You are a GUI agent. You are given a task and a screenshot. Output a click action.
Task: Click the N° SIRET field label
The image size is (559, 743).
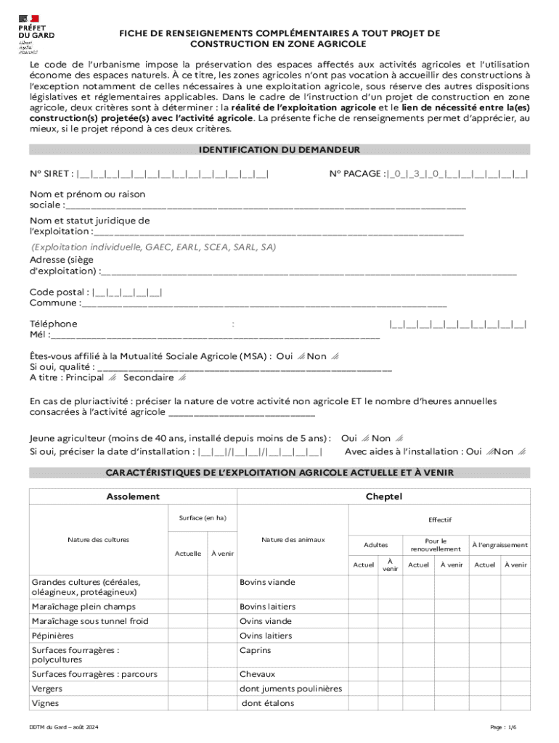pos(51,173)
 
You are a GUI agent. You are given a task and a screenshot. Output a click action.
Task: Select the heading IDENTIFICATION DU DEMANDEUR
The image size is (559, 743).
pos(279,150)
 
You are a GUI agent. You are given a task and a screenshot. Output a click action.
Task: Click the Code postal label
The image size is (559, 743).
pos(60,292)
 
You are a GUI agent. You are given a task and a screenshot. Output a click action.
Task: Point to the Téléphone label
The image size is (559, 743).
pos(53,324)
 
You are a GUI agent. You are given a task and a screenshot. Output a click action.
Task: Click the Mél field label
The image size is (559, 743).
pos(40,334)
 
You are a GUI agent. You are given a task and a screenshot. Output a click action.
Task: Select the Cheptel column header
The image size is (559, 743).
pos(384,496)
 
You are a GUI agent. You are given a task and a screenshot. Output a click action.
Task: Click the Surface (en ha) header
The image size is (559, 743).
pos(203,517)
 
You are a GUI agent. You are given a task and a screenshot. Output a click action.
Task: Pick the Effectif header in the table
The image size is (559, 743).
pos(439,520)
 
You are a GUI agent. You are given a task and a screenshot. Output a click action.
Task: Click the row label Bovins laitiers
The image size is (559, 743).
pos(267,607)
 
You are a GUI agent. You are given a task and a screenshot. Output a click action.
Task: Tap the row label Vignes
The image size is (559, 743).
pos(45,703)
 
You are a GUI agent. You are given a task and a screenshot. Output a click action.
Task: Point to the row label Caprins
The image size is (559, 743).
pos(255,650)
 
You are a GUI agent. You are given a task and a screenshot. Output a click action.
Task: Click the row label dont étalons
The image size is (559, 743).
pos(268,703)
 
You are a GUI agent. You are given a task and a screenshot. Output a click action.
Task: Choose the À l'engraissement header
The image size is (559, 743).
pos(499,545)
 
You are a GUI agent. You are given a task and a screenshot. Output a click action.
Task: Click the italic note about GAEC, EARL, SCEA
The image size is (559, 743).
pos(153,247)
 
